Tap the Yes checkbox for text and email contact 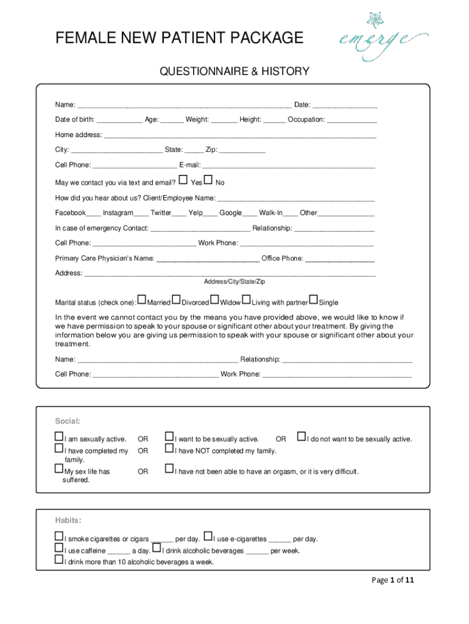tap(183, 180)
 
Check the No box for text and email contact tap(208, 180)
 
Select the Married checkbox tap(142, 300)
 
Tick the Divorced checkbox tap(176, 300)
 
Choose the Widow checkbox tap(214, 300)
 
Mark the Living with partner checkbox tap(247, 300)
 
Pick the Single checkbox tap(313, 300)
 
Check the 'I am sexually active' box tap(59, 437)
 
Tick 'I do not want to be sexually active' tap(301, 437)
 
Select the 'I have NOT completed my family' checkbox tap(169, 449)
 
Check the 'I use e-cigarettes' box tap(208, 537)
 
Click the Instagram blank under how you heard tap(141, 214)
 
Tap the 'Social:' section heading tap(68, 421)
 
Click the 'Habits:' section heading tap(68, 520)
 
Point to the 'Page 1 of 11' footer tap(393, 580)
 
